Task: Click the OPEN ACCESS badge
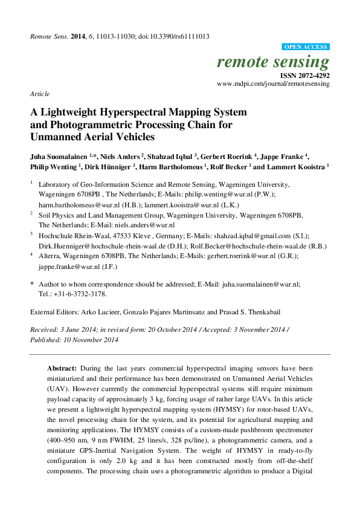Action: (x=306, y=47)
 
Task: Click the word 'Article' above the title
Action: (x=39, y=95)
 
